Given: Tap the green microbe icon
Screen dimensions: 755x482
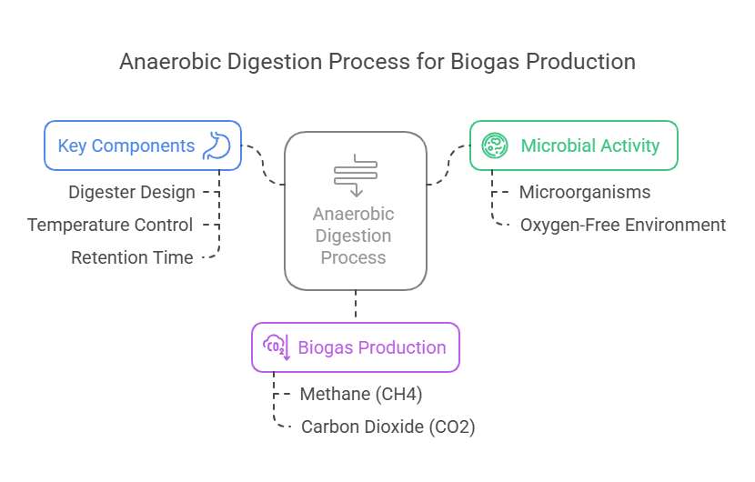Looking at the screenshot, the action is point(495,146).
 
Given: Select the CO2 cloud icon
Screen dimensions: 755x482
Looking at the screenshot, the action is point(277,347).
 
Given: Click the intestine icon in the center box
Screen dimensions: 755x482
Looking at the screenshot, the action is point(356,176).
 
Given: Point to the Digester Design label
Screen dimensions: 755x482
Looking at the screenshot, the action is point(132,192).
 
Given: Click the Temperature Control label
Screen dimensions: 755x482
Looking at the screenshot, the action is point(110,225).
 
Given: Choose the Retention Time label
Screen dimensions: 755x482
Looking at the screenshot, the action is point(132,257).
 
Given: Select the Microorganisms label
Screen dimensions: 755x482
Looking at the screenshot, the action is point(585,192).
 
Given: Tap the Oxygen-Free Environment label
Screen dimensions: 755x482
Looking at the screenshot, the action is point(622,225).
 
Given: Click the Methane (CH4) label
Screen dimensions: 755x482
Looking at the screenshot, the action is point(360,395).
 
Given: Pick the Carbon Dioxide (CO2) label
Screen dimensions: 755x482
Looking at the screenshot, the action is point(388,427).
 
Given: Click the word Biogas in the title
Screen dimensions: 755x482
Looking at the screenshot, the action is point(485,62).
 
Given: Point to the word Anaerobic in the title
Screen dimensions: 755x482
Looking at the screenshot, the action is point(170,62).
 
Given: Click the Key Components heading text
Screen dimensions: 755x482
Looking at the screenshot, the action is point(126,146).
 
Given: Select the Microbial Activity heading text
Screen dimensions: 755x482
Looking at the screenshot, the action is point(590,146).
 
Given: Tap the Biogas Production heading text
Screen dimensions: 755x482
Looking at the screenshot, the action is point(372,347).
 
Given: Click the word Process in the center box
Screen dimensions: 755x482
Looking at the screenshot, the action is point(354,257).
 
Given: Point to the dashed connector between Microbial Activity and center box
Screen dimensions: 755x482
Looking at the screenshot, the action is point(448,165).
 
